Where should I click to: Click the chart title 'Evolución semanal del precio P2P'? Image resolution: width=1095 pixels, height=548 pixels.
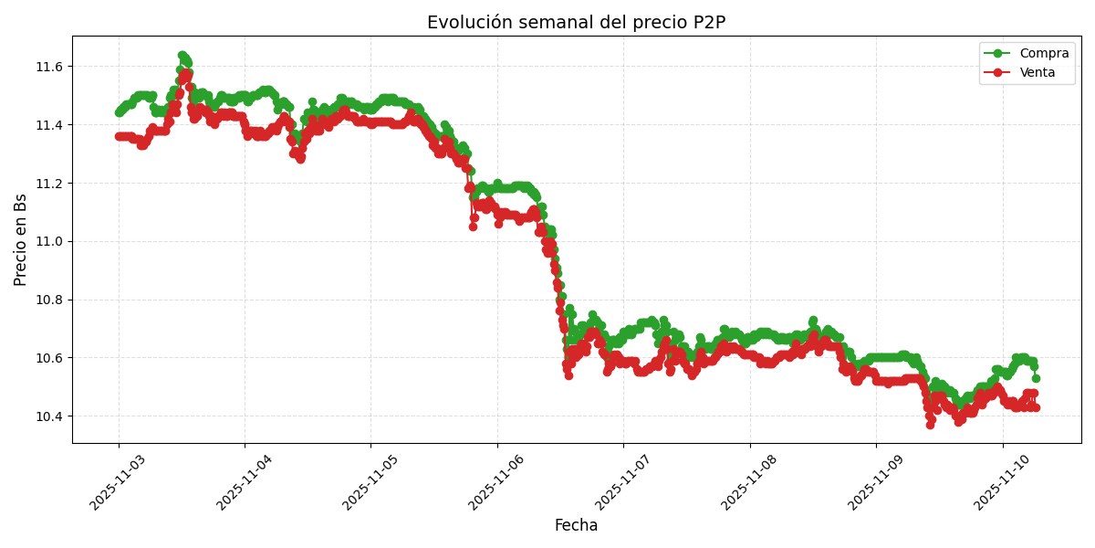(576, 22)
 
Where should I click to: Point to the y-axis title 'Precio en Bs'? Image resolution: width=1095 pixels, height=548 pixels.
(21, 239)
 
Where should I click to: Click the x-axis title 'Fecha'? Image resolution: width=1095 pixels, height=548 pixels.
(576, 525)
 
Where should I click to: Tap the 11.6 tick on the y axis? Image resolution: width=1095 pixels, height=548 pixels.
(47, 67)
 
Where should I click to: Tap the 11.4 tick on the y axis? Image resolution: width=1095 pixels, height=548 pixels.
(47, 125)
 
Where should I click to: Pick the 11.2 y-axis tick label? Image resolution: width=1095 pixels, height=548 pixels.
(47, 184)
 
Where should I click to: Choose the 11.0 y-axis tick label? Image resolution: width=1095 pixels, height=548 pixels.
(47, 241)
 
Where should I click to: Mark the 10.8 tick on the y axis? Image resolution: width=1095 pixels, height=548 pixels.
(47, 300)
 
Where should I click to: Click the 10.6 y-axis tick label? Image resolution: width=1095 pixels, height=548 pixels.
(47, 358)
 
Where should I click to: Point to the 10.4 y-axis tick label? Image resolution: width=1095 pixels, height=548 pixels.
(47, 416)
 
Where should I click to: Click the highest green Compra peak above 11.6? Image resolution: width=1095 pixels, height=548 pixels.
(182, 56)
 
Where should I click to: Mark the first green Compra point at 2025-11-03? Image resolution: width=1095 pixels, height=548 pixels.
(119, 112)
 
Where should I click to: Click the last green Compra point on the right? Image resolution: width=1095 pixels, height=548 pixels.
(1036, 378)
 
